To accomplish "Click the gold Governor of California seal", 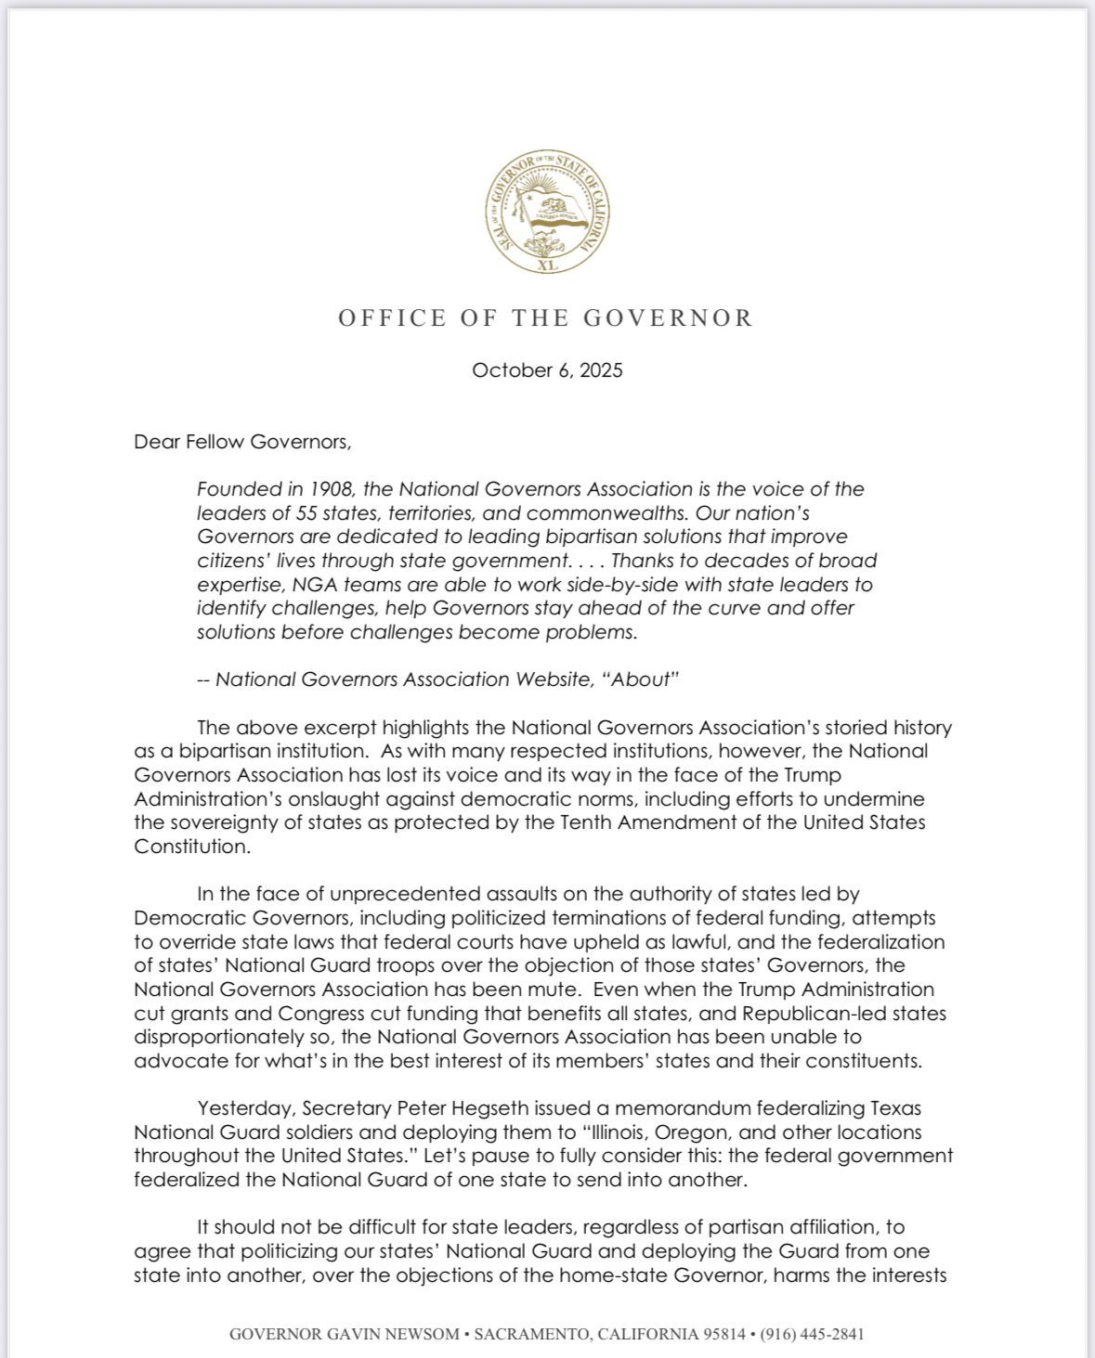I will coord(547,213).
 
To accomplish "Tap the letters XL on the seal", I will coord(548,265).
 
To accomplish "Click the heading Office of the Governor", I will coord(546,318).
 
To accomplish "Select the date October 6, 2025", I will coord(547,370).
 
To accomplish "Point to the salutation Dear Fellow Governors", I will coord(242,442).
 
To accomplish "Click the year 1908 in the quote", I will coord(324,489).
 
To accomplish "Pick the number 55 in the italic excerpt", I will coord(307,513).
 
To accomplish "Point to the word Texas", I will coord(895,1108).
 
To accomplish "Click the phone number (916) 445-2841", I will coord(812,1334).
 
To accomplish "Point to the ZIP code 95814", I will coord(724,1334).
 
